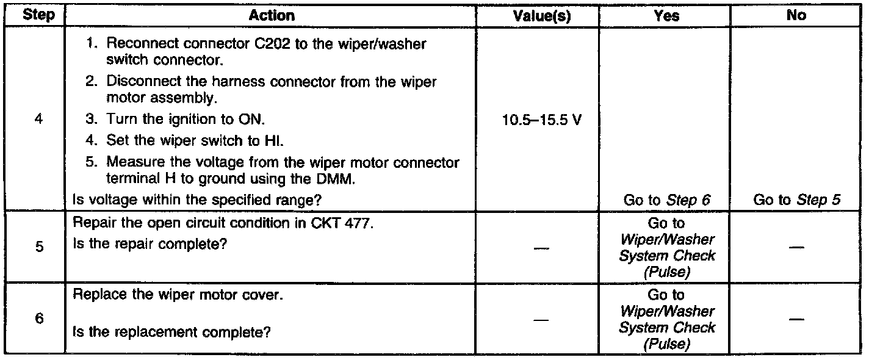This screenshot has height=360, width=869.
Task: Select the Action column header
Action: point(272,16)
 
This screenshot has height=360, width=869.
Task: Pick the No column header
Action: point(796,16)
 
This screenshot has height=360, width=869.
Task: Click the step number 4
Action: point(38,120)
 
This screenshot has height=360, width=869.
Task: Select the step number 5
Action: point(38,249)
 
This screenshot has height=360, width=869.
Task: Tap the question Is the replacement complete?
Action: point(171,333)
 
